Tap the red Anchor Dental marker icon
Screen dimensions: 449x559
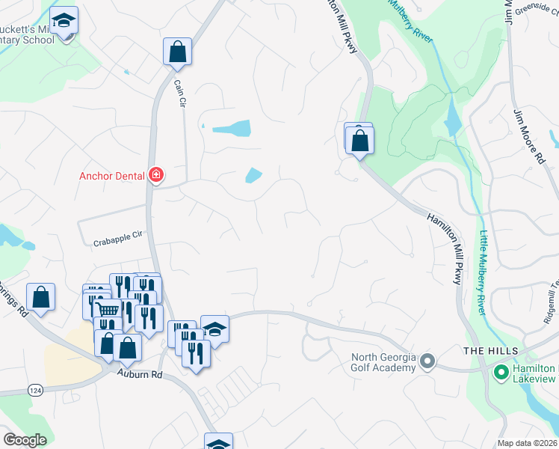click(x=156, y=176)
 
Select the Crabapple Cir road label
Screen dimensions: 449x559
click(x=117, y=241)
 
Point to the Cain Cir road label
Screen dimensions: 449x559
click(x=179, y=95)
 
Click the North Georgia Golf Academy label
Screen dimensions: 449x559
click(x=383, y=362)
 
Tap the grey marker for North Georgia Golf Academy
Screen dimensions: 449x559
click(x=427, y=362)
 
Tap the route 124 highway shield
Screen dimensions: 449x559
click(x=36, y=391)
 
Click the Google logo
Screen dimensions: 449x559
click(x=24, y=440)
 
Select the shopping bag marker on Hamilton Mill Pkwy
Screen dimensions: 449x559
click(x=359, y=140)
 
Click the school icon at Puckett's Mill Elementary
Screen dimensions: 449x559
click(x=64, y=21)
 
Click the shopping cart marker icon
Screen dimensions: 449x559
click(x=108, y=310)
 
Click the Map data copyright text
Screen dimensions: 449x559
click(x=528, y=443)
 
